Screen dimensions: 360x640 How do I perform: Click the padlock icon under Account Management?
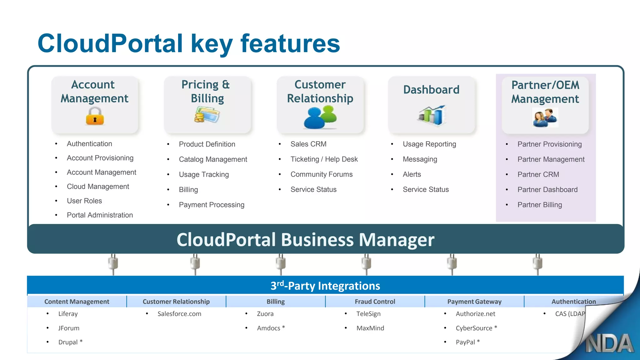click(x=95, y=116)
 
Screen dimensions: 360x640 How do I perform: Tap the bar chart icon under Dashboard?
click(x=432, y=115)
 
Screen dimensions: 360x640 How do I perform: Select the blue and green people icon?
click(x=320, y=117)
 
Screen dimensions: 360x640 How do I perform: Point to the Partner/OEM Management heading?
click(x=545, y=92)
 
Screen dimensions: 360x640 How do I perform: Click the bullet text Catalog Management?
click(x=213, y=159)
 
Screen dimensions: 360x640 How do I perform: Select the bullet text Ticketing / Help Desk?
click(x=324, y=159)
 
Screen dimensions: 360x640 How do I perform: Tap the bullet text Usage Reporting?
click(x=429, y=144)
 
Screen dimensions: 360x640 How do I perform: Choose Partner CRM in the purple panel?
click(x=538, y=174)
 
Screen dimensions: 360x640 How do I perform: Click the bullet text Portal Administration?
click(x=100, y=215)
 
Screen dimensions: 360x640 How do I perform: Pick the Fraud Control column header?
click(x=375, y=302)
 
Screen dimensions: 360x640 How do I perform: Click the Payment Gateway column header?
click(x=474, y=302)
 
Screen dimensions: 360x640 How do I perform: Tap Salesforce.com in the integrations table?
click(x=179, y=314)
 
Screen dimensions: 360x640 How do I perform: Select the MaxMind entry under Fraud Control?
click(x=370, y=328)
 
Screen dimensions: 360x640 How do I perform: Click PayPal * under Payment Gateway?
click(x=467, y=342)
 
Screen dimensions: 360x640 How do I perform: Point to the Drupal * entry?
click(x=70, y=342)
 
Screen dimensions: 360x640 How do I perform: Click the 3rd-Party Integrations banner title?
click(x=325, y=286)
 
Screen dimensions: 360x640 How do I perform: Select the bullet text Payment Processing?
click(x=211, y=205)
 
